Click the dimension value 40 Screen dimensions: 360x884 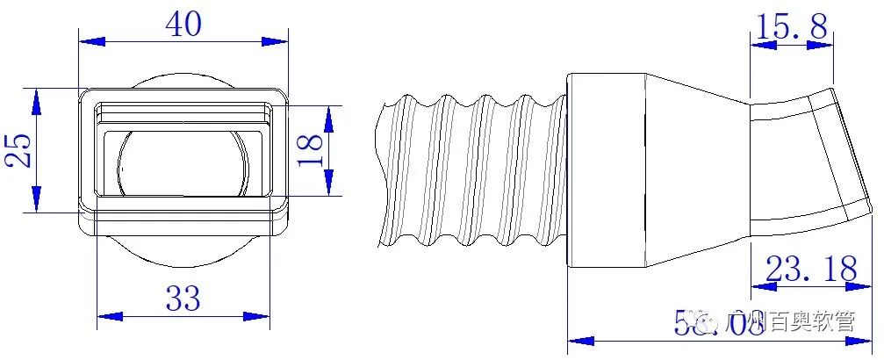[x=183, y=25]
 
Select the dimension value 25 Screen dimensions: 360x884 [x=19, y=149]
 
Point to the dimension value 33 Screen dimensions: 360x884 [x=183, y=301]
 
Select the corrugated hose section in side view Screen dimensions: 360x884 [x=474, y=167]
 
